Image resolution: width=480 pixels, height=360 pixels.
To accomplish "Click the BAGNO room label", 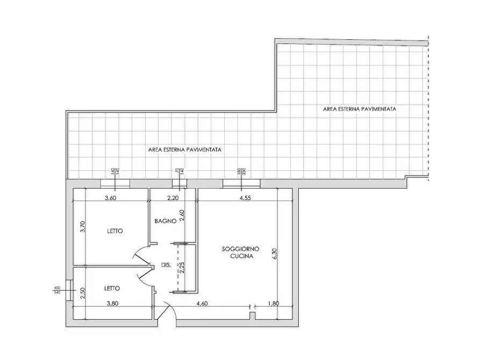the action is (166, 221).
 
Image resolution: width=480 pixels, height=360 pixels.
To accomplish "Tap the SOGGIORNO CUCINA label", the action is (241, 253).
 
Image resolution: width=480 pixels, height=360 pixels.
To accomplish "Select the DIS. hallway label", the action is (166, 265).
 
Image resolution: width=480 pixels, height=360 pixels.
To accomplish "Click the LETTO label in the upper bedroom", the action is (115, 231).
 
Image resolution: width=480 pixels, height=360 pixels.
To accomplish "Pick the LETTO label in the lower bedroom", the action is (112, 288).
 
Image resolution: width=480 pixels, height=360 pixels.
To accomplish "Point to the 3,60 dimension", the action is (111, 198).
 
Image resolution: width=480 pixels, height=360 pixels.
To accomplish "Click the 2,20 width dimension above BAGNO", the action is (173, 198).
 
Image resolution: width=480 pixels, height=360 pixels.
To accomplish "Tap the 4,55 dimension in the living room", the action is (245, 198).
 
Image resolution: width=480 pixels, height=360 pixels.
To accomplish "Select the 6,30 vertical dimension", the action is (274, 254).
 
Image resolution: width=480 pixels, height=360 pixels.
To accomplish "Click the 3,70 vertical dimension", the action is (82, 227).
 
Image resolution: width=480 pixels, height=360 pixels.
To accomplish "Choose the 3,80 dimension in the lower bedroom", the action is (112, 304).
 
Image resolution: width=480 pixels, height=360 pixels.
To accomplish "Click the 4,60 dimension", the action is (202, 304).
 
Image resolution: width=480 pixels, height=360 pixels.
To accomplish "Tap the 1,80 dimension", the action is (274, 304).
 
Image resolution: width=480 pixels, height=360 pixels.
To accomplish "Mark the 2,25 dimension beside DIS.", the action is (182, 268).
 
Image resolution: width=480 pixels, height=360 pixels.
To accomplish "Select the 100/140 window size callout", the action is (57, 290).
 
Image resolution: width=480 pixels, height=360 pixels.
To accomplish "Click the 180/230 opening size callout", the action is (241, 171).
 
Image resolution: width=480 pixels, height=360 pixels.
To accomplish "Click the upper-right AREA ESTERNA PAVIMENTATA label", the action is (360, 109).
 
